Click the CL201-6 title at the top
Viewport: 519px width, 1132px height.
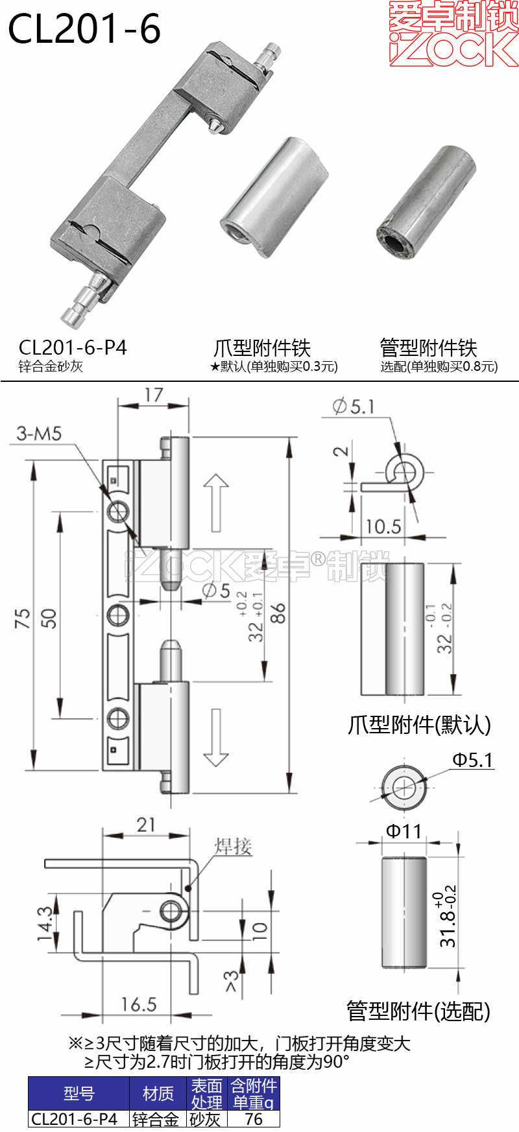point(84,29)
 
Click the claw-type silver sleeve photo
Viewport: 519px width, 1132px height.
point(274,198)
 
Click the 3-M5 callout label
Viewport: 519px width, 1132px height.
point(39,433)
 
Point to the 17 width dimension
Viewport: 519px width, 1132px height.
point(154,395)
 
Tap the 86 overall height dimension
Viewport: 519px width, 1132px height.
point(278,613)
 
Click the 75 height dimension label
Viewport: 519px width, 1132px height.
point(23,618)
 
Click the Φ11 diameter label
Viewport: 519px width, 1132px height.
point(404,831)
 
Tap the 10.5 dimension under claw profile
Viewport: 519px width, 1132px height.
point(383,526)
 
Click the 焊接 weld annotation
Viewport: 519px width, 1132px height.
point(233,846)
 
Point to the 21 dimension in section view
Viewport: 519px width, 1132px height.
point(146,825)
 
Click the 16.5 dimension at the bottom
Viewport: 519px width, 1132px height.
point(138,1004)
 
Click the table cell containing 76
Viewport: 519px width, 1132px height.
point(254,1119)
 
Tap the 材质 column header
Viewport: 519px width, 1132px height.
point(158,1094)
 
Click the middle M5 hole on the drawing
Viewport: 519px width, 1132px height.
point(118,614)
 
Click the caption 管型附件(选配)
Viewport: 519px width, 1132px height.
point(418,1011)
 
